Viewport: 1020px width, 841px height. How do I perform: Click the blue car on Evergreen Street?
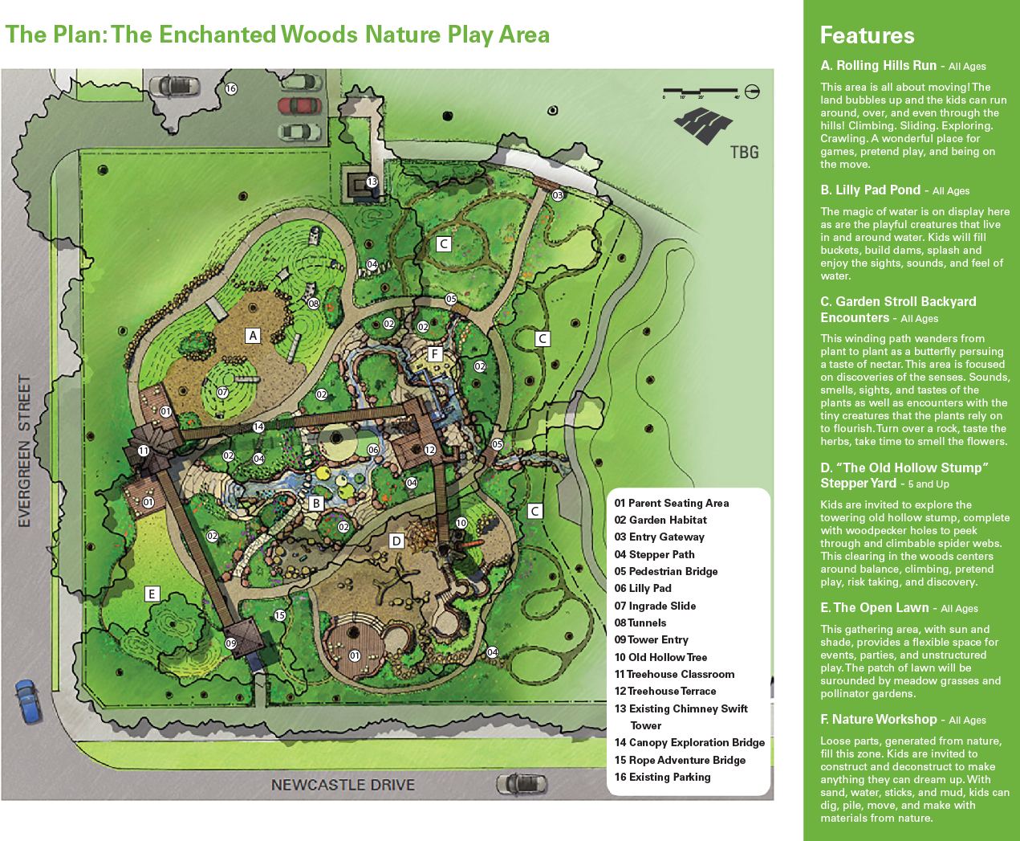tap(28, 700)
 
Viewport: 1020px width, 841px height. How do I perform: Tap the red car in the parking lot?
tap(299, 106)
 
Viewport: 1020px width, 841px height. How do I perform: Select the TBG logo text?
tap(744, 152)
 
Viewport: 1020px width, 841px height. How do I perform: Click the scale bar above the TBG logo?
tap(701, 91)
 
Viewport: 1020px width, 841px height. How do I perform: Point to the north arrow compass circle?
tap(752, 91)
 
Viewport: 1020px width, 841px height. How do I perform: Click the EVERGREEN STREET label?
tap(24, 451)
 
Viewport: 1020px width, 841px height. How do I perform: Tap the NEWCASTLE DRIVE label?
tap(343, 785)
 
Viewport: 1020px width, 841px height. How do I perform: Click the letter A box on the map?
tap(253, 336)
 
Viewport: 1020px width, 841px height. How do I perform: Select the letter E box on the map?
tap(152, 594)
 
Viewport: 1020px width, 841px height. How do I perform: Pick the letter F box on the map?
tap(435, 354)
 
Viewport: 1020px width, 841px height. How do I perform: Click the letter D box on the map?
tap(396, 541)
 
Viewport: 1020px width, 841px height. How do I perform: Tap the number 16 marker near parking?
tap(231, 88)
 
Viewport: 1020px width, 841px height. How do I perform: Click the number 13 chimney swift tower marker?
tap(372, 182)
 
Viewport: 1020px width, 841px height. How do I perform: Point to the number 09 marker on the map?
tap(231, 643)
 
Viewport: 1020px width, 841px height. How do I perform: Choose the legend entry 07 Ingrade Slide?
tap(655, 606)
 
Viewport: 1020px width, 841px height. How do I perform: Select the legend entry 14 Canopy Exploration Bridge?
tap(689, 742)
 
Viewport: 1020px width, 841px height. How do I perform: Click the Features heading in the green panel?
tap(867, 35)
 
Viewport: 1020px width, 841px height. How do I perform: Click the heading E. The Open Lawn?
tap(874, 607)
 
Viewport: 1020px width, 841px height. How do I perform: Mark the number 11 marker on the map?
tap(144, 451)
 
